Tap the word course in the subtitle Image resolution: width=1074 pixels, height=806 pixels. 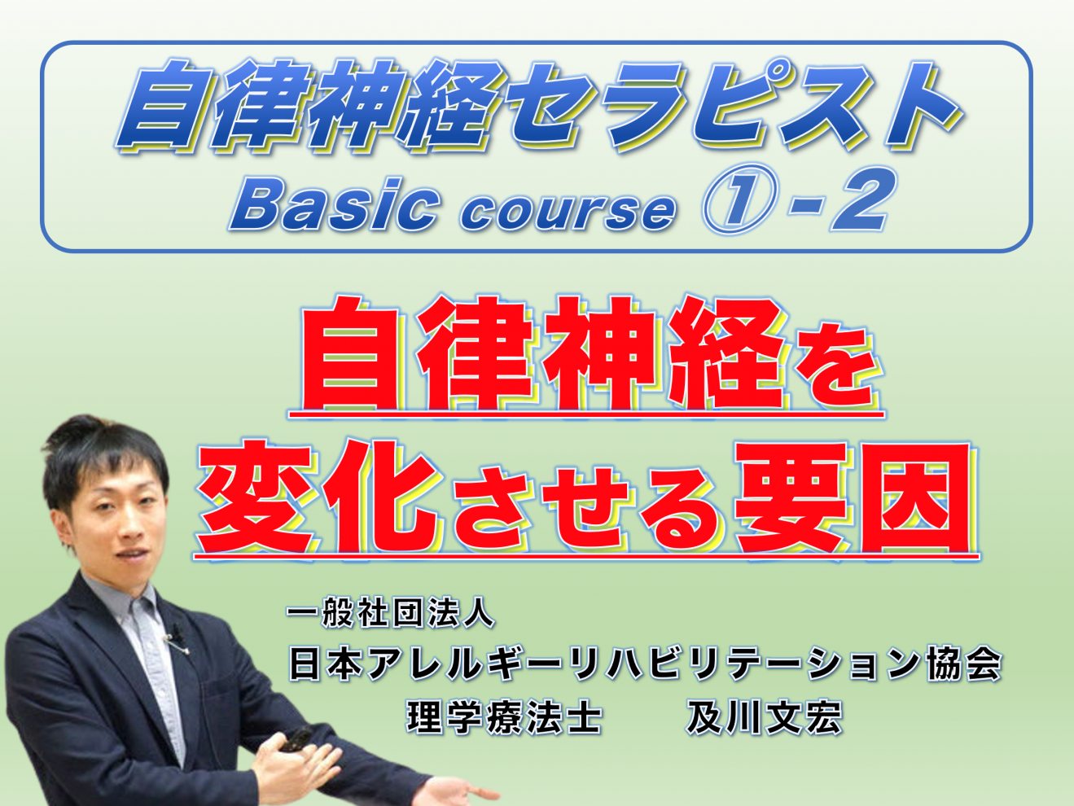[x=568, y=210]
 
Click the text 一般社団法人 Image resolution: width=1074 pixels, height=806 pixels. [x=390, y=612]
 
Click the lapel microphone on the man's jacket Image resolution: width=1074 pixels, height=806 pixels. [x=174, y=639]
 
